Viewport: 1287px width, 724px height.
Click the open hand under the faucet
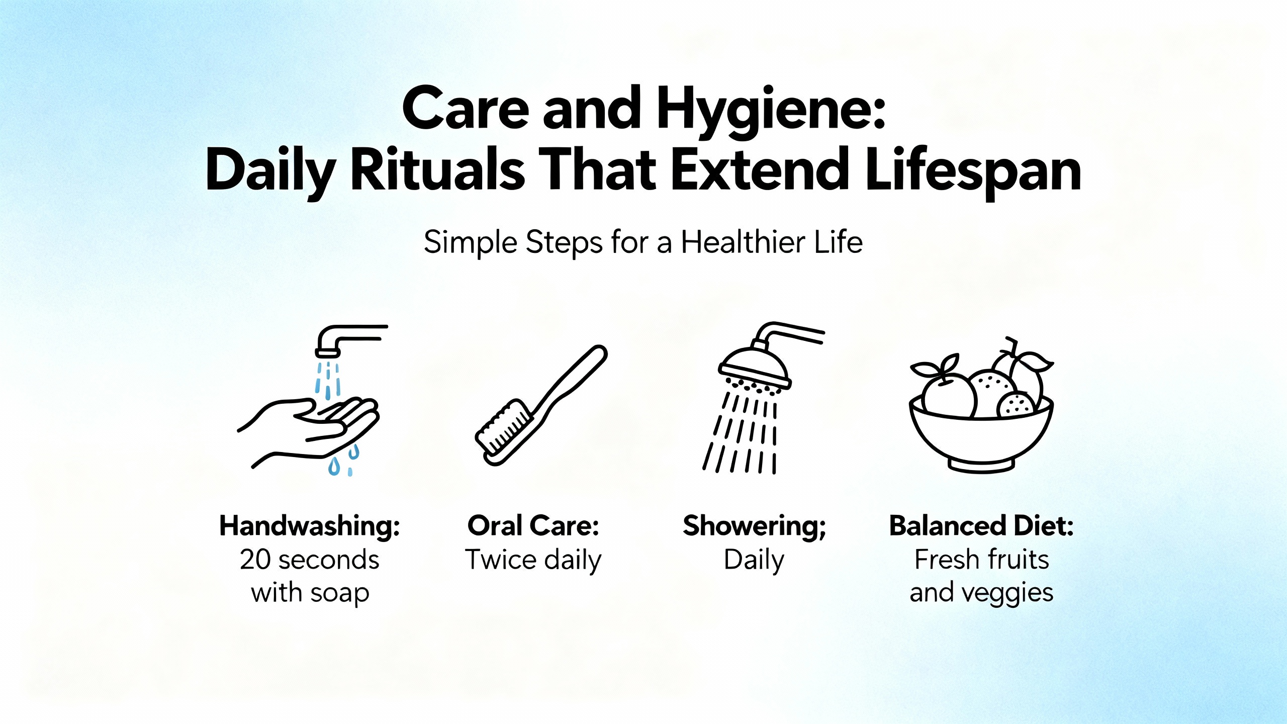tap(308, 431)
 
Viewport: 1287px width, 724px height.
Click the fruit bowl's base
tap(981, 466)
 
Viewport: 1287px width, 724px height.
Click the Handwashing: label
tap(310, 526)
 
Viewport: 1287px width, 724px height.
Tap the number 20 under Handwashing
tap(255, 560)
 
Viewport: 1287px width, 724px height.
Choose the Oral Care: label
tap(533, 526)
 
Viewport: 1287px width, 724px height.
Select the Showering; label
tap(754, 527)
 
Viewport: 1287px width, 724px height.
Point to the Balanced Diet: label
tap(981, 526)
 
